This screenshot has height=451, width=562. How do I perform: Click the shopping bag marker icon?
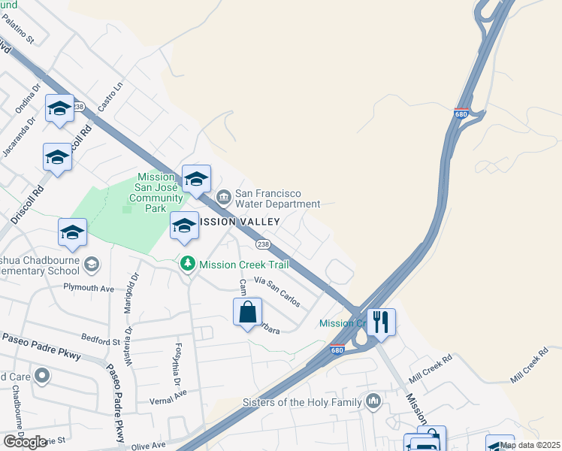248,311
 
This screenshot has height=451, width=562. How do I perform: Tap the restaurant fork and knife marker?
381,322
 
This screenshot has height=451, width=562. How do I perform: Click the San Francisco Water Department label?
277,198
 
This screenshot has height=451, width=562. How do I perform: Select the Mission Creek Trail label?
239,265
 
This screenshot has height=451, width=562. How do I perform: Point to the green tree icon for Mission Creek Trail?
187,264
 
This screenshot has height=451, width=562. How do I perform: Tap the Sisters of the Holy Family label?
301,402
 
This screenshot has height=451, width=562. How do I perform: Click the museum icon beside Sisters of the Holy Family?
373,402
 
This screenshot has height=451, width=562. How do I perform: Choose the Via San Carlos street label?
277,292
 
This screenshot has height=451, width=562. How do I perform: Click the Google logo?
25,442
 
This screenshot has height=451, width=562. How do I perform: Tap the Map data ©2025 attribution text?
530,445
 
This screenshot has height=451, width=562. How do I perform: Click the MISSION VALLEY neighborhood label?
234,222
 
